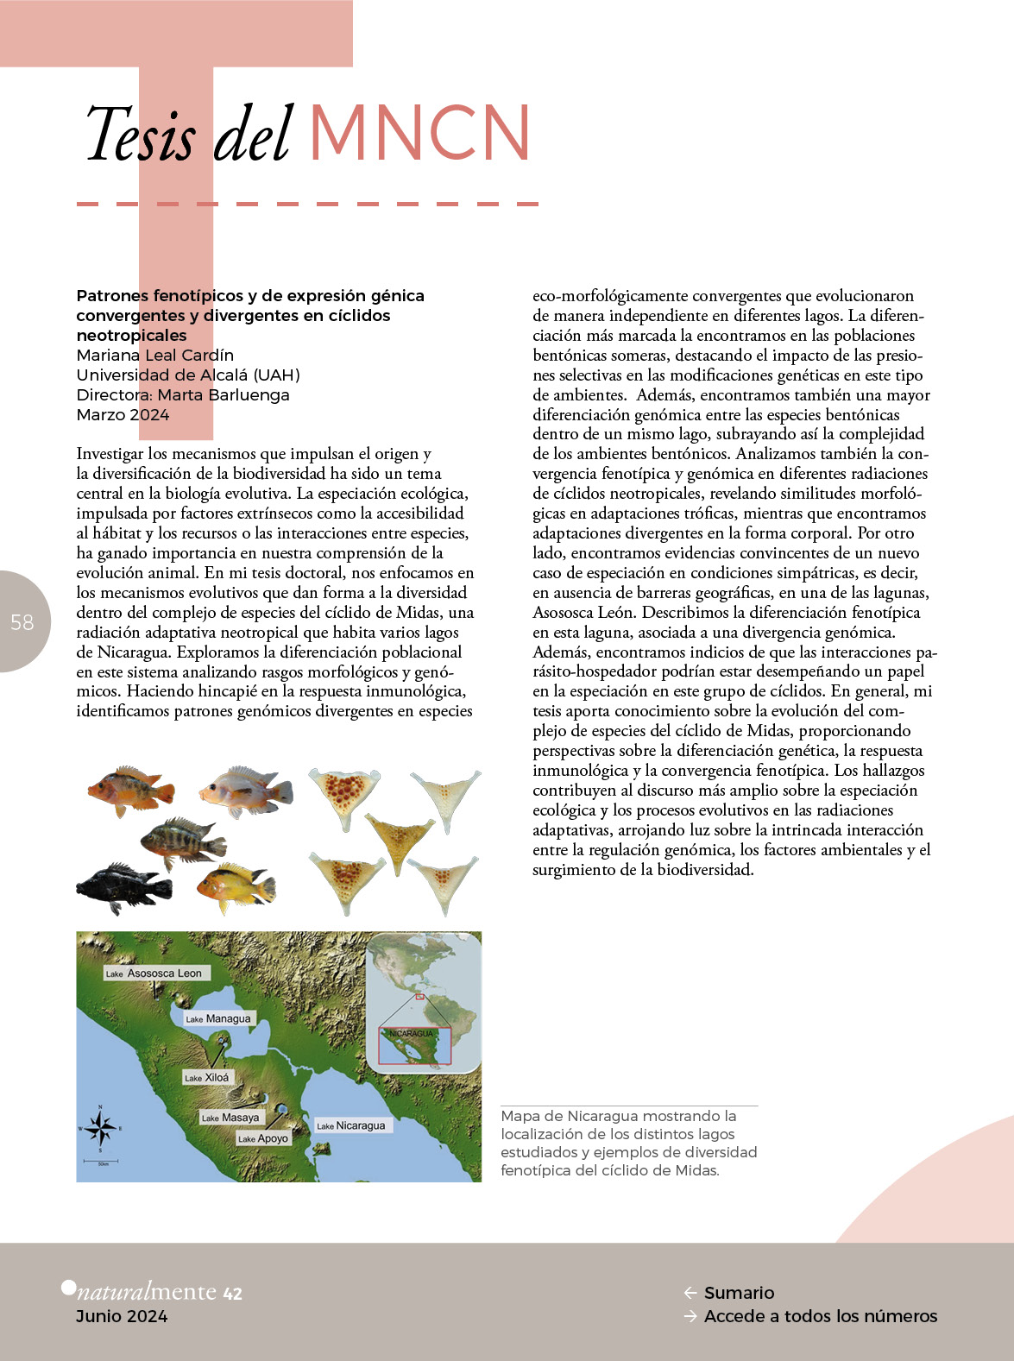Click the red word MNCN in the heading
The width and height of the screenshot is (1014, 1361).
(x=419, y=134)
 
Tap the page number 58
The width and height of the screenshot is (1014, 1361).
(x=22, y=621)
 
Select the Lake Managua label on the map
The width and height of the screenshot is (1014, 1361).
(x=218, y=1018)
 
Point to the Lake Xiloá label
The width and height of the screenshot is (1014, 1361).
(x=207, y=1077)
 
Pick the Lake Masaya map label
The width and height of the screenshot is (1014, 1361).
(x=230, y=1117)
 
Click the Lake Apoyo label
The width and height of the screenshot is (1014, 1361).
(x=263, y=1138)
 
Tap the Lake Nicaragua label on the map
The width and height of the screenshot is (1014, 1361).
(x=351, y=1125)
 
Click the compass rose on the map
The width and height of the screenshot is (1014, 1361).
(x=100, y=1127)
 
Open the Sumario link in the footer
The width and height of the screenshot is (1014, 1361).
(x=739, y=1293)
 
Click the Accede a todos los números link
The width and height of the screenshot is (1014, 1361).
(x=820, y=1316)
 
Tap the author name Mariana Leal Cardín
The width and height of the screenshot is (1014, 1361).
(x=155, y=355)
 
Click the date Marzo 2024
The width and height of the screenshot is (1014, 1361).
(x=123, y=414)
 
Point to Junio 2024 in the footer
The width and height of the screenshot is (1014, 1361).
(x=122, y=1316)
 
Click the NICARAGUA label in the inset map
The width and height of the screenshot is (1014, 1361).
(x=411, y=1033)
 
